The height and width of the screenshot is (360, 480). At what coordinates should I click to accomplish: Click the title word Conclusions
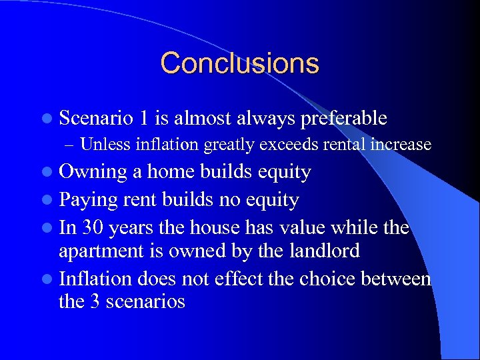click(x=240, y=63)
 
